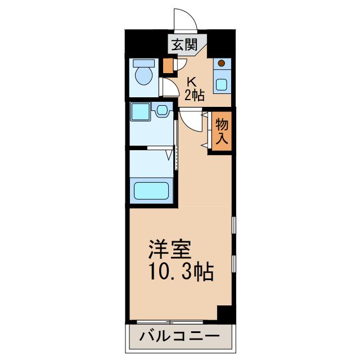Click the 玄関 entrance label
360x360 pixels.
coord(185,44)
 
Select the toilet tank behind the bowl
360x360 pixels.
coord(144,63)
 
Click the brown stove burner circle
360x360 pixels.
coord(221,63)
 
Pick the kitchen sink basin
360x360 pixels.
coord(222,84)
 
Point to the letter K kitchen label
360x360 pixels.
coord(192,81)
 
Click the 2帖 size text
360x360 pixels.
coord(195,95)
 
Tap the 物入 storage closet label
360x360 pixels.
coord(222,131)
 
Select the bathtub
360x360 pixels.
coord(151,191)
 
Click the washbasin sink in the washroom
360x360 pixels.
coord(162,110)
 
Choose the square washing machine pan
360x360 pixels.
coord(140,111)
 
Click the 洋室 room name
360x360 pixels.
coord(170,249)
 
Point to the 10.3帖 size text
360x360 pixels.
coord(181,272)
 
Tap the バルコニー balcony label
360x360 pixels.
coord(179,336)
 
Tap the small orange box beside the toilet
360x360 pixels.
coord(168,66)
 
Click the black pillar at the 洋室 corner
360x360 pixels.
coord(224,313)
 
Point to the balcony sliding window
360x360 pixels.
coord(170,322)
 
